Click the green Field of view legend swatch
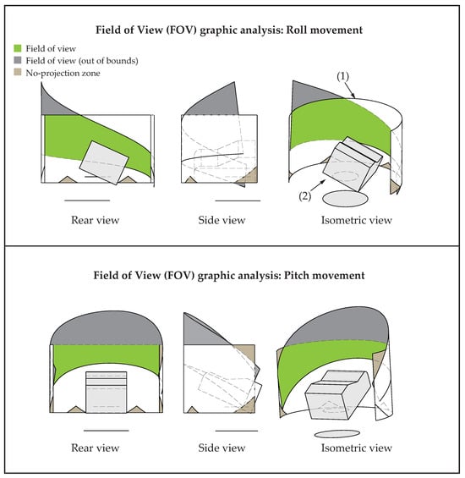click(18, 48)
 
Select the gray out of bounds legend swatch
click(18, 60)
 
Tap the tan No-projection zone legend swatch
click(18, 72)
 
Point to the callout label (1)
click(342, 76)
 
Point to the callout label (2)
click(304, 196)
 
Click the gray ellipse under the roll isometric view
click(345, 199)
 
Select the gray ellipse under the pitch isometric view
click(337, 433)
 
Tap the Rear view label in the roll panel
click(95, 220)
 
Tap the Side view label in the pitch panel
click(222, 448)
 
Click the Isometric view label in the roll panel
click(357, 220)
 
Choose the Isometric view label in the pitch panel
click(357, 448)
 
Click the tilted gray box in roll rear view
click(104, 162)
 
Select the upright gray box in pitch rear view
click(106, 392)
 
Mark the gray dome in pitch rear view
click(106, 328)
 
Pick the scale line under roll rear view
click(87, 201)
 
